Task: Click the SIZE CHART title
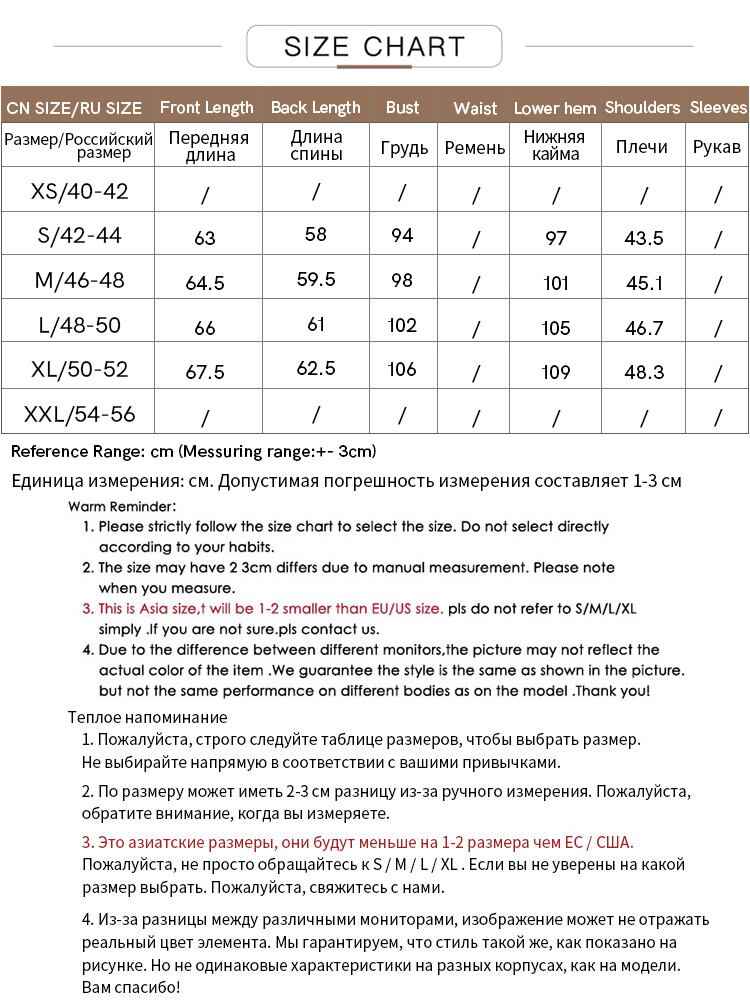click(374, 46)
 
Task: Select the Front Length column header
click(206, 107)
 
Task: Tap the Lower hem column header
click(555, 108)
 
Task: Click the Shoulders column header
click(642, 107)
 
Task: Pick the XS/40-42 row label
click(80, 191)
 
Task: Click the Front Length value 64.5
click(205, 284)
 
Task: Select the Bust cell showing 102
click(402, 325)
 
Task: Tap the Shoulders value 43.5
click(643, 238)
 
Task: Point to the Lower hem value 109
click(555, 373)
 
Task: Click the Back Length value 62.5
click(316, 368)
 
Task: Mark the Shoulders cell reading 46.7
click(643, 328)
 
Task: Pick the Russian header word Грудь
click(404, 148)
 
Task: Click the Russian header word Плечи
click(642, 147)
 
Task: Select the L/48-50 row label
click(80, 325)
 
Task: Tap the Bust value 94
click(402, 236)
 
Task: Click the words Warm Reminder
click(122, 507)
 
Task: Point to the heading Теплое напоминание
click(148, 717)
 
